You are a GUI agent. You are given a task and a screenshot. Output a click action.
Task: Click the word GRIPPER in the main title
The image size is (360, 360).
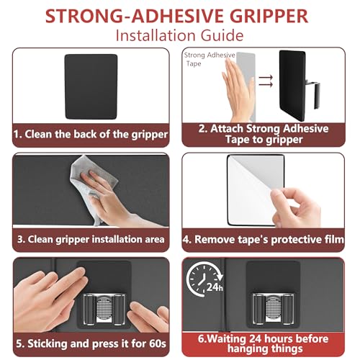[269, 16]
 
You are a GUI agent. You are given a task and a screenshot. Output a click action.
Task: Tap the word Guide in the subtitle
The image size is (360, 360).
[222, 35]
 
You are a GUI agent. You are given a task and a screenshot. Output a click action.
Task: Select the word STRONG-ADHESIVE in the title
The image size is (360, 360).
[135, 16]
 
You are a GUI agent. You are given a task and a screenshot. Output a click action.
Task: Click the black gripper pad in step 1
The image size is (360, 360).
[91, 86]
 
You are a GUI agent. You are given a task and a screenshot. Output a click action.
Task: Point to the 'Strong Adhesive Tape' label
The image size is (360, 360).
[210, 59]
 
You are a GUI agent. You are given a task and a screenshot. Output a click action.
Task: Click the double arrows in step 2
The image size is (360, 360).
[266, 81]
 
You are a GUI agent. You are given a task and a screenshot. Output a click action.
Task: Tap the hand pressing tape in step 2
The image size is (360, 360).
[238, 90]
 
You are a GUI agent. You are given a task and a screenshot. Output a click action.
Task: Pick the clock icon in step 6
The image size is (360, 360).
[203, 279]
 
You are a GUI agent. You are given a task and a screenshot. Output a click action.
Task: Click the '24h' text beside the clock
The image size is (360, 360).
[215, 287]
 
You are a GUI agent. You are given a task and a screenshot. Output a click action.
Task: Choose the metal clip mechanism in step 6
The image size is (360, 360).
[273, 309]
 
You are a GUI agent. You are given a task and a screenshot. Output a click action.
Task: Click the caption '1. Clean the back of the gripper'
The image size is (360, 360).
[91, 134]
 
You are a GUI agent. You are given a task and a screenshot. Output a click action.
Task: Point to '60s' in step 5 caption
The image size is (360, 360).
[158, 343]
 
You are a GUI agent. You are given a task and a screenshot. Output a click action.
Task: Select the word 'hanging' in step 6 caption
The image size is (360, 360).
[247, 349]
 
